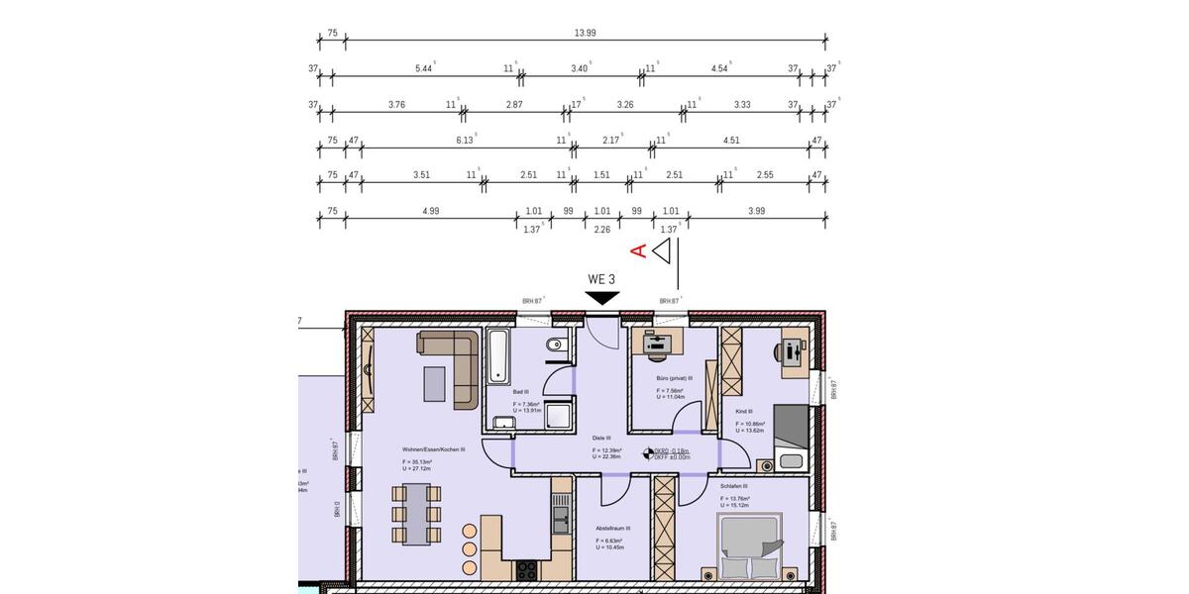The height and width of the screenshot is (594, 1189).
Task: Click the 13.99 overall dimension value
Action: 585,34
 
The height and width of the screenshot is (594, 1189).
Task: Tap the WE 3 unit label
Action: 601,279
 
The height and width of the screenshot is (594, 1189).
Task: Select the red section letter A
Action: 640,250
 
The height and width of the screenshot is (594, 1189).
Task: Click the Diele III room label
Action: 601,438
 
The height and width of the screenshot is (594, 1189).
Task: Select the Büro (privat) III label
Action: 674,378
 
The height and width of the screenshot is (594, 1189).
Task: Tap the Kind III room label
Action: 744,411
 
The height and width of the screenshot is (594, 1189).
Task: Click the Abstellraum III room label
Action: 612,529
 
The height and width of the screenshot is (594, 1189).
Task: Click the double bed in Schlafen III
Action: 749,545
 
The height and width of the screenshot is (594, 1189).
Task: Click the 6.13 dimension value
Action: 465,141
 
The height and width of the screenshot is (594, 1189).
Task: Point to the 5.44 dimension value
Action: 424,68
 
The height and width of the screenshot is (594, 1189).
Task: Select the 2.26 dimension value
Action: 601,230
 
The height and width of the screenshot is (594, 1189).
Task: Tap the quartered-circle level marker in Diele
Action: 650,454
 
